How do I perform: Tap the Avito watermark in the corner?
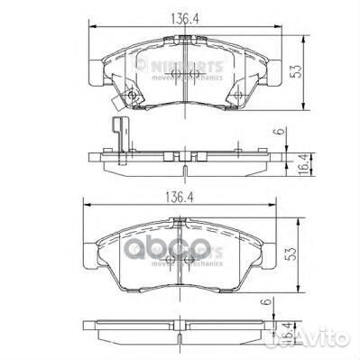pos(322,338)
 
